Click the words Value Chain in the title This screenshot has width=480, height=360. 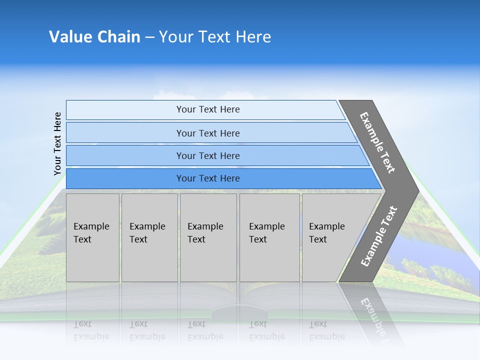point(94,37)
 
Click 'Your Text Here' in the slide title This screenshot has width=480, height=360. point(215,37)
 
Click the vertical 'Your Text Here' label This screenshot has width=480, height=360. point(57,143)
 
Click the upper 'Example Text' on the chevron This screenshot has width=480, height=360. point(377,142)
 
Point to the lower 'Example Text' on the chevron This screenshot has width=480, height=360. point(378,236)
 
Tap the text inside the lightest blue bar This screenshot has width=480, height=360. point(208,109)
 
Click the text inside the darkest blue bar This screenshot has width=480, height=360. point(208,178)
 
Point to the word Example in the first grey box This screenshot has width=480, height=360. point(91,226)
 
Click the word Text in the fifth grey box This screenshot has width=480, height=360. point(318,239)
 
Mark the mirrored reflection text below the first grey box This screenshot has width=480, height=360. point(91,331)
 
